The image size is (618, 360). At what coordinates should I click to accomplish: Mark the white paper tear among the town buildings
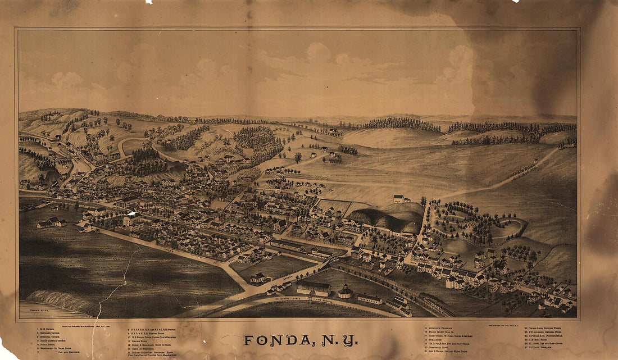pos(131,213)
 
